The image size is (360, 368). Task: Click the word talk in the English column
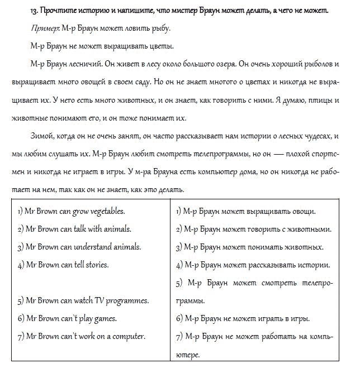(x=75, y=228)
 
